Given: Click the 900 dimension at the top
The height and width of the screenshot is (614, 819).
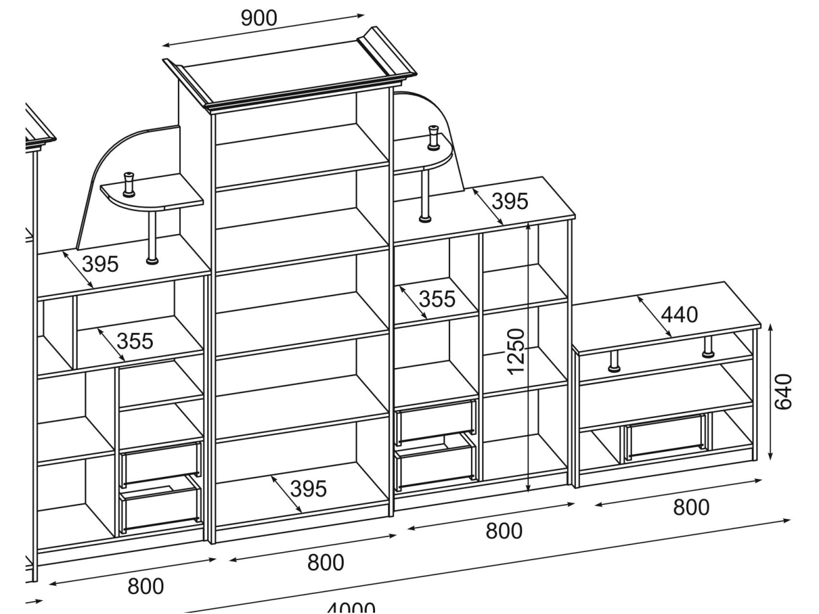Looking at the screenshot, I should [259, 18].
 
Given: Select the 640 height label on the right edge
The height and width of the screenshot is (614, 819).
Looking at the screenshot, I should [783, 392].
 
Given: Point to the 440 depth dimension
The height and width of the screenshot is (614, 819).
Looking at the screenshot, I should [679, 314].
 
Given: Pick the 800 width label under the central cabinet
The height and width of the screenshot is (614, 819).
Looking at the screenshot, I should [325, 563].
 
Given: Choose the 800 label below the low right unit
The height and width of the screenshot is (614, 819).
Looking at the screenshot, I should [691, 507].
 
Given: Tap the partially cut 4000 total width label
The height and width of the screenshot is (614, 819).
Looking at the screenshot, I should [351, 607].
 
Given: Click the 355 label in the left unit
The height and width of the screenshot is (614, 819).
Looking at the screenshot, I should [135, 341].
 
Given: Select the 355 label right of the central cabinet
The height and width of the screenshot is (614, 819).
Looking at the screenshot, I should [436, 299].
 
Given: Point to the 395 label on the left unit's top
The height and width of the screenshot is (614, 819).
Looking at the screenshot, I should [100, 264].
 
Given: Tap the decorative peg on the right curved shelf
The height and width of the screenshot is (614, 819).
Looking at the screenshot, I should [433, 138].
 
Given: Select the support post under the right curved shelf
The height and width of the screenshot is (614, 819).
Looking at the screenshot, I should [425, 194].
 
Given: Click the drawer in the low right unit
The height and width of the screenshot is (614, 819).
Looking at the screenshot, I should [665, 437].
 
